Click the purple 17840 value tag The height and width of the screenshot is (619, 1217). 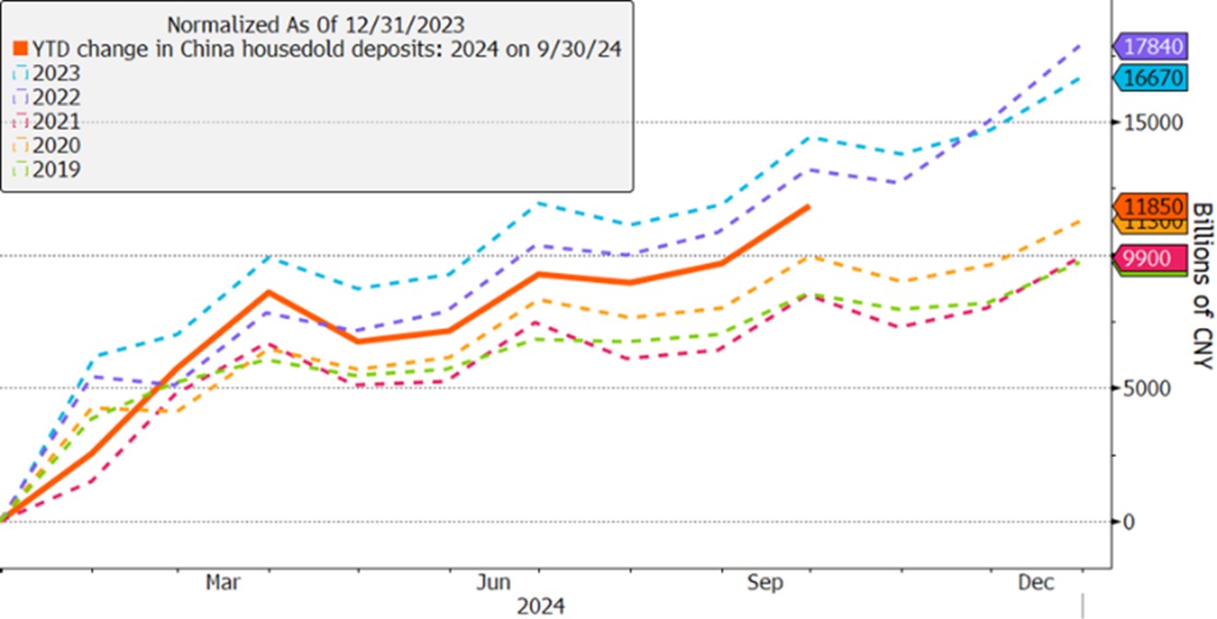1152,46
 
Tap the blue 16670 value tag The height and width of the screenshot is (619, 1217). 1152,77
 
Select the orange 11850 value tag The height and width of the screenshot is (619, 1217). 1152,206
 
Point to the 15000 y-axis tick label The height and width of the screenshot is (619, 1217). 1145,123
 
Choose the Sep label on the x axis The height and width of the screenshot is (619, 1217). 765,582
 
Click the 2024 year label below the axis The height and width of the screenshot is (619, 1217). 540,606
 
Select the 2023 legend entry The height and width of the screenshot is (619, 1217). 56,74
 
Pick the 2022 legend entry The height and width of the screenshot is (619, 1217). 56,98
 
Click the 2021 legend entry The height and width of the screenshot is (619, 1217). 56,122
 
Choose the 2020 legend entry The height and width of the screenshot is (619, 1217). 56,146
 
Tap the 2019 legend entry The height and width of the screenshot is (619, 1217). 56,169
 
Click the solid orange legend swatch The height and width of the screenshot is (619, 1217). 20,50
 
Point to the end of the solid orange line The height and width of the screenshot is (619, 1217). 809,206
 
